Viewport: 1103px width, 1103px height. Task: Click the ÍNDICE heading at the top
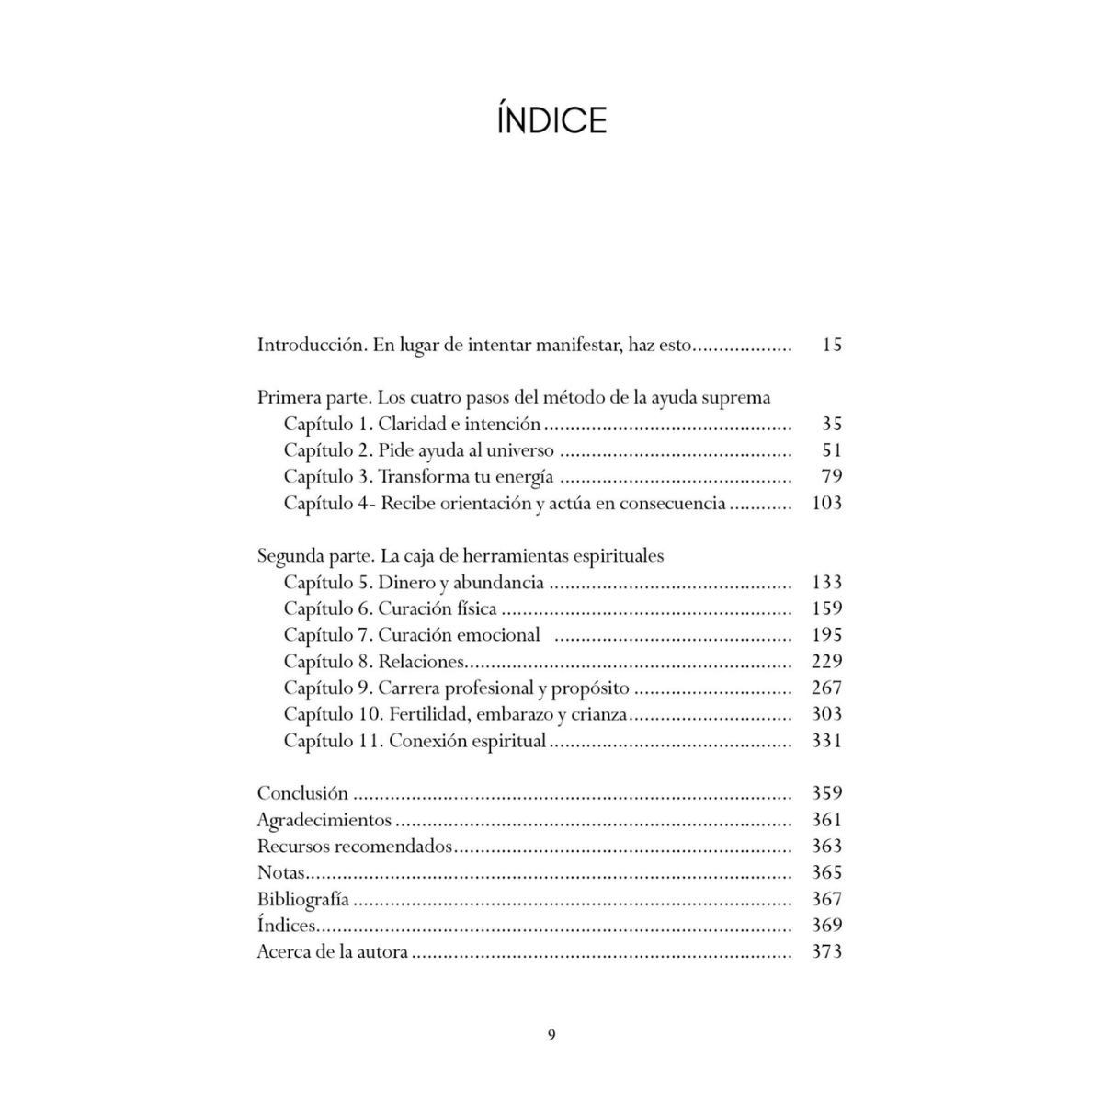[x=551, y=120]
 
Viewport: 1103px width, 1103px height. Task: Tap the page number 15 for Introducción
[x=832, y=346]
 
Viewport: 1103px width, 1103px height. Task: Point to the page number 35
[x=832, y=424]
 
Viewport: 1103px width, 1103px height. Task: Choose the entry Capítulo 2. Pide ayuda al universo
[x=418, y=450]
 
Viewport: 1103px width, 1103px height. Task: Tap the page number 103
[x=827, y=503]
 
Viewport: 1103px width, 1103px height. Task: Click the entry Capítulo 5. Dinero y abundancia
[x=414, y=583]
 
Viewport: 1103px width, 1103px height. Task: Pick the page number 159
[x=827, y=608]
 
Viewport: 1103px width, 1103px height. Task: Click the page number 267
[x=827, y=688]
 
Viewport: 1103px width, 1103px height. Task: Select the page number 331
[x=827, y=740]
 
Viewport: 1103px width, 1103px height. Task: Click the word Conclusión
[x=302, y=793]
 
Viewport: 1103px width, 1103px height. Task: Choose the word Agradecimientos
[x=324, y=820]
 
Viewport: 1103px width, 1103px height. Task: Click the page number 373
[x=827, y=951]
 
